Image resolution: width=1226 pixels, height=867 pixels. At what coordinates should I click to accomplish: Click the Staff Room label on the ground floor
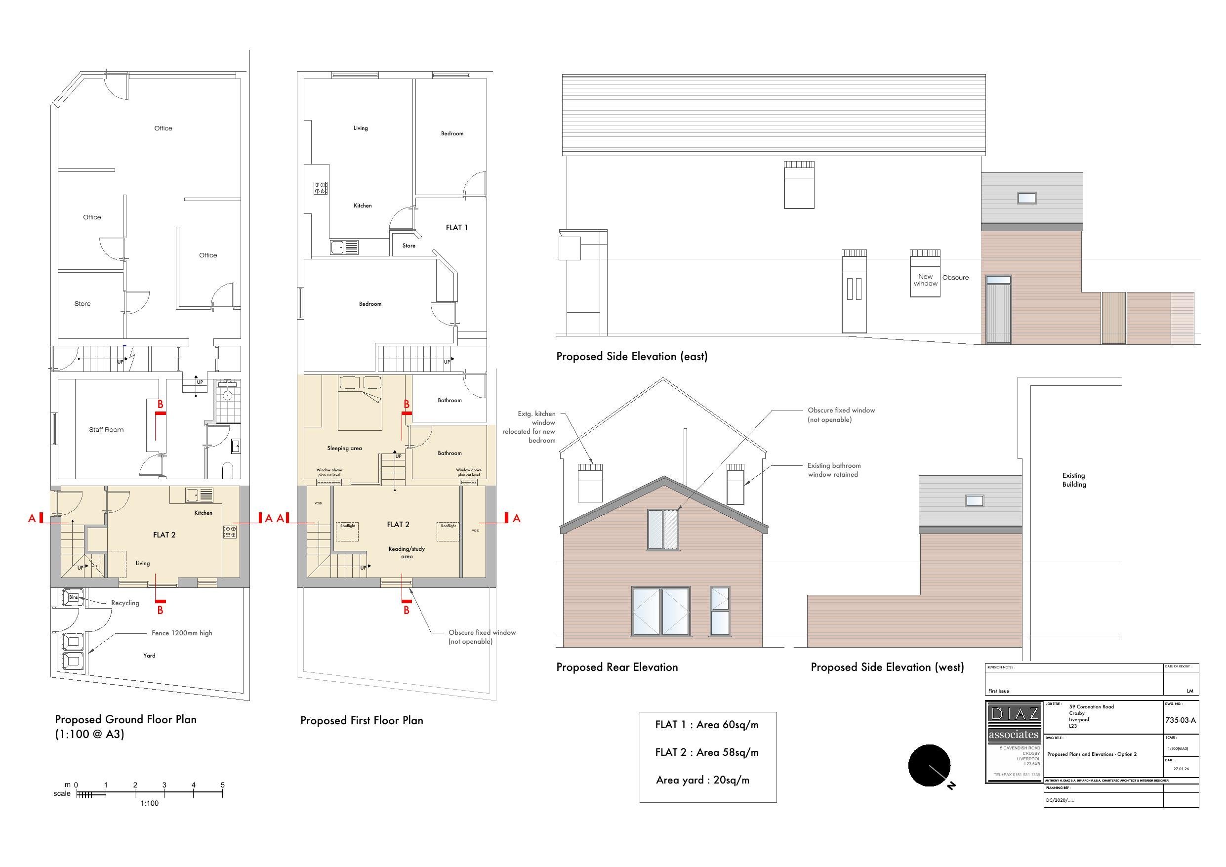(106, 429)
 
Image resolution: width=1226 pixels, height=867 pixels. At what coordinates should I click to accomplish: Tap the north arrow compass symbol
(929, 766)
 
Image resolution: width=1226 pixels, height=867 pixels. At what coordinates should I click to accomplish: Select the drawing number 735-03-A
(1180, 720)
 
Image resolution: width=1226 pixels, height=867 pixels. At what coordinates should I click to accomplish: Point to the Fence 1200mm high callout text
(182, 633)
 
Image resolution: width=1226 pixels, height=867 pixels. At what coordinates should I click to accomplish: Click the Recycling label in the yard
(125, 603)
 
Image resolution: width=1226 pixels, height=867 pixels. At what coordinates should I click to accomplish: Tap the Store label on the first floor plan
(409, 246)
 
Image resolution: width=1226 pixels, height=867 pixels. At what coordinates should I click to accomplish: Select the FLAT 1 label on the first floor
(456, 228)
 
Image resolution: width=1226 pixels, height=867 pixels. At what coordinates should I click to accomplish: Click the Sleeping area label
(344, 448)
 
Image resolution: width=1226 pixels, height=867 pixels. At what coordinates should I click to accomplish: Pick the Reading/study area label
(407, 552)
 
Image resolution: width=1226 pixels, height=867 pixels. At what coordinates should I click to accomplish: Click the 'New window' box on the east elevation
(925, 280)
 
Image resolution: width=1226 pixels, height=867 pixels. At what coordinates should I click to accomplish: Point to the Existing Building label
(1074, 480)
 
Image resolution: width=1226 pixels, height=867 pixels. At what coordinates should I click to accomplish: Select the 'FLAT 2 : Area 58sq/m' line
(706, 752)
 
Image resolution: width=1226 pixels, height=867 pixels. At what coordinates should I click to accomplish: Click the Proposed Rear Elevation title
(617, 667)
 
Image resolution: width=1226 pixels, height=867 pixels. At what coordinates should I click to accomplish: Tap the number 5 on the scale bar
(223, 784)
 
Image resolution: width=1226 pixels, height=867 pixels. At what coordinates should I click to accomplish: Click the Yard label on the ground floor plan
(149, 656)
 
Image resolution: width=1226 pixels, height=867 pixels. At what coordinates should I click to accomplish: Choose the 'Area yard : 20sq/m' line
(702, 780)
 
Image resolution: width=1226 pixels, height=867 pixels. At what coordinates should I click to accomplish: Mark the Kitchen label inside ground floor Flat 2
(203, 513)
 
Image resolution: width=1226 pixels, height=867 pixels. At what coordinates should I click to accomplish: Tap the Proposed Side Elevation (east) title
(632, 356)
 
